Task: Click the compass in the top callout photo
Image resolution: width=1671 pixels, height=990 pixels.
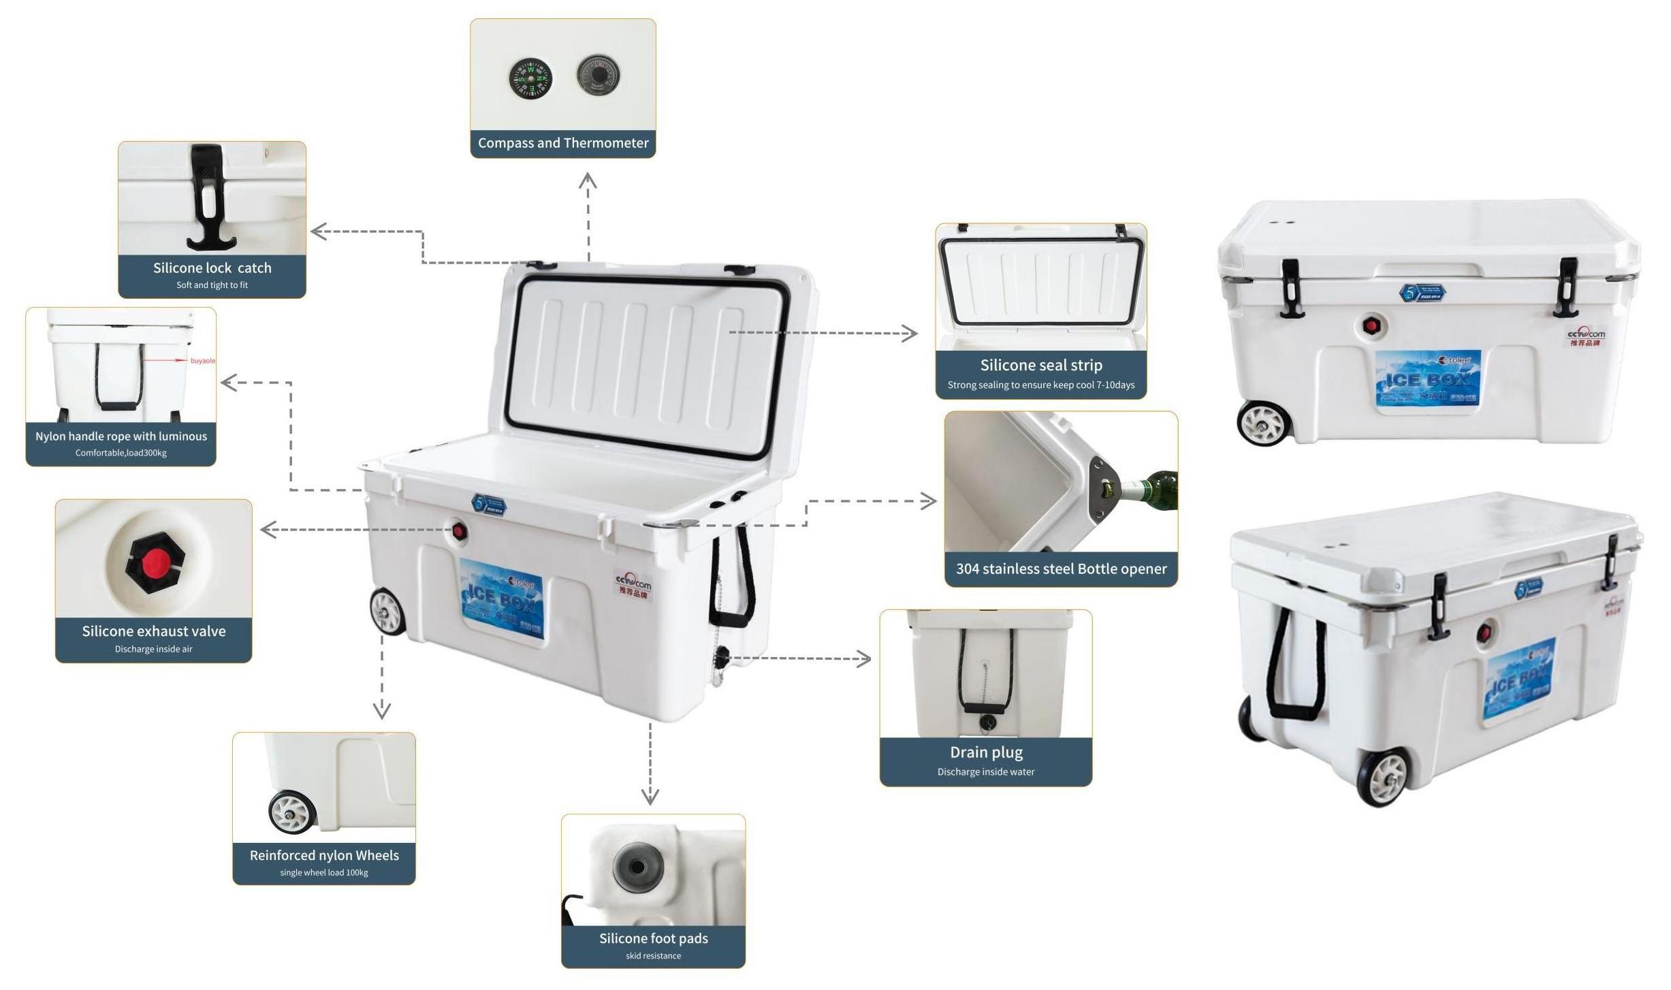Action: (530, 78)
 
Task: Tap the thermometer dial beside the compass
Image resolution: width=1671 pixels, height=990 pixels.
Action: (598, 75)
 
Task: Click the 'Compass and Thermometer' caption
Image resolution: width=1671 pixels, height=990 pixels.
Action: (563, 143)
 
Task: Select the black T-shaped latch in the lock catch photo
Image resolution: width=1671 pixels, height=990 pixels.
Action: (206, 197)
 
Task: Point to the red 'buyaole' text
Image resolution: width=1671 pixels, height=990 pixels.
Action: (203, 361)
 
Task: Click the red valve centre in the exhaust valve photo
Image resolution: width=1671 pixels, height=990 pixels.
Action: (156, 562)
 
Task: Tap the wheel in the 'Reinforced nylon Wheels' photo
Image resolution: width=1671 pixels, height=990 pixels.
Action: (293, 811)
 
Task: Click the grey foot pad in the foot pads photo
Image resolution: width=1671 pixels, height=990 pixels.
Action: (637, 867)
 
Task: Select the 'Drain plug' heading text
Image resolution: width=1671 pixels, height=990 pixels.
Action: (986, 752)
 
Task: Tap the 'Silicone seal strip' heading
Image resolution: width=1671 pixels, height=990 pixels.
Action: (1041, 365)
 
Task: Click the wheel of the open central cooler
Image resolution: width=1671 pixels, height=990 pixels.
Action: (387, 611)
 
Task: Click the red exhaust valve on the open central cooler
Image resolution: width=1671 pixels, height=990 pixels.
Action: (459, 531)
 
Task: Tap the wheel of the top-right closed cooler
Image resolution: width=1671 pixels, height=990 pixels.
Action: (1263, 423)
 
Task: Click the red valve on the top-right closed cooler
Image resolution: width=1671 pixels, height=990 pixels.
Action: (1371, 326)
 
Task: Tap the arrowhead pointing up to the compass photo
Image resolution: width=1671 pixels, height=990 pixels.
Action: (588, 180)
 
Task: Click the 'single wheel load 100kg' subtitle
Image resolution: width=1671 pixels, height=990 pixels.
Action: (324, 873)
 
